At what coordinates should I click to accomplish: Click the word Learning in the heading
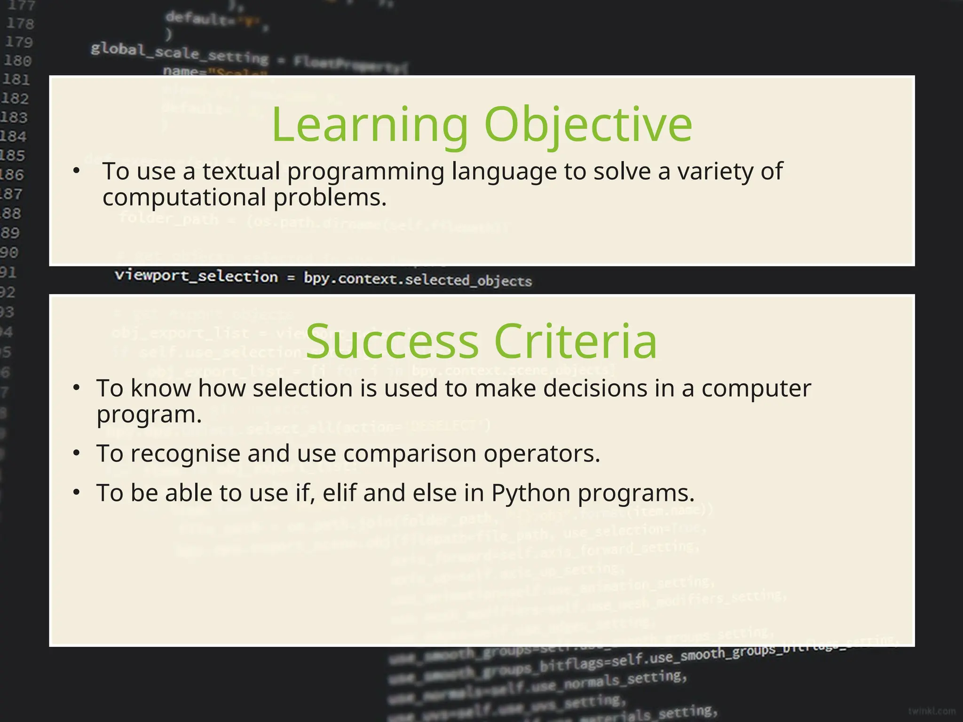[x=370, y=125]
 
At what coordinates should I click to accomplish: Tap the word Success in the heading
[x=392, y=342]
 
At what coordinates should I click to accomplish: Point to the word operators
[x=542, y=454]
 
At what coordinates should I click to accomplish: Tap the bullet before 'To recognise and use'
[x=77, y=453]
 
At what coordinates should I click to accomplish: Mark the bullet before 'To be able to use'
[x=77, y=493]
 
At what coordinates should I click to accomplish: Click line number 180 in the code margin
[x=17, y=61]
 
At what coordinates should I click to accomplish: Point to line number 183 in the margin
[x=14, y=117]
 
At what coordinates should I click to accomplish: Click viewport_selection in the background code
[x=196, y=276]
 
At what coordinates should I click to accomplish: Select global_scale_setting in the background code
[x=179, y=53]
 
